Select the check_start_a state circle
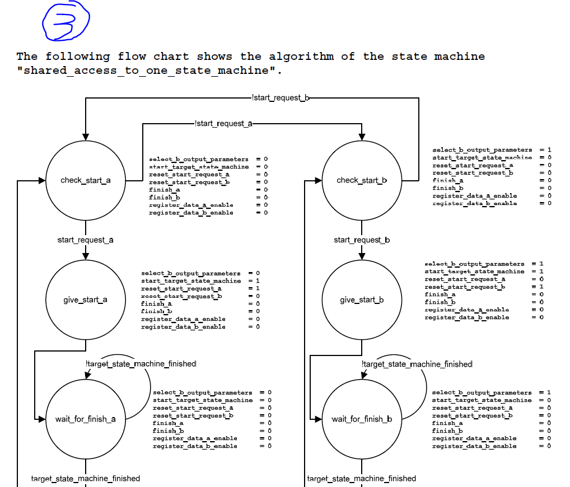pyautogui.click(x=86, y=180)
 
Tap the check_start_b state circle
pyautogui.click(x=362, y=180)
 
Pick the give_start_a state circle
pyautogui.click(x=86, y=299)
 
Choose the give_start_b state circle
pyautogui.click(x=362, y=299)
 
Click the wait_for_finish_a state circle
pyautogui.click(x=86, y=419)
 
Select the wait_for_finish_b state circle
pyautogui.click(x=362, y=419)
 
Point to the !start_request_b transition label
pyautogui.click(x=281, y=98)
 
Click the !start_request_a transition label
pyautogui.click(x=223, y=124)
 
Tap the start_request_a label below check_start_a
pyautogui.click(x=86, y=240)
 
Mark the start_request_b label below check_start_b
pyautogui.click(x=362, y=240)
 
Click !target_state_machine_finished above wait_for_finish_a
pyautogui.click(x=141, y=364)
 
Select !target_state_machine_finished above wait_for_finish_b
pyautogui.click(x=417, y=364)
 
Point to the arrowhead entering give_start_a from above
pyautogui.click(x=86, y=256)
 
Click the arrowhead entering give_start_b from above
pyautogui.click(x=362, y=256)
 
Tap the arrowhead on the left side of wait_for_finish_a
pyautogui.click(x=41, y=419)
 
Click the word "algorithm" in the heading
pyautogui.click(x=301, y=57)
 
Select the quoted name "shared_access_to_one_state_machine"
pyautogui.click(x=149, y=71)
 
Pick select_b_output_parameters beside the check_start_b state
pyautogui.click(x=482, y=150)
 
